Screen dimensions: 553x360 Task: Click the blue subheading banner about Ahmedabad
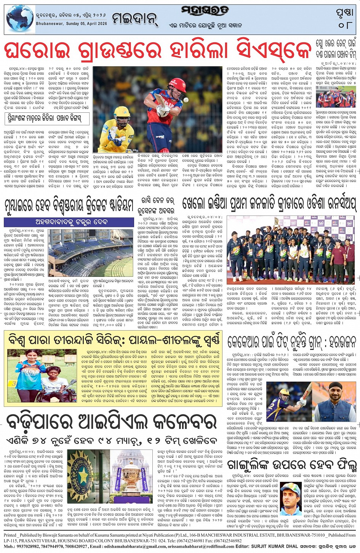[69, 222]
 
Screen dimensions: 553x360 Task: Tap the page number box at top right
[345, 18]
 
